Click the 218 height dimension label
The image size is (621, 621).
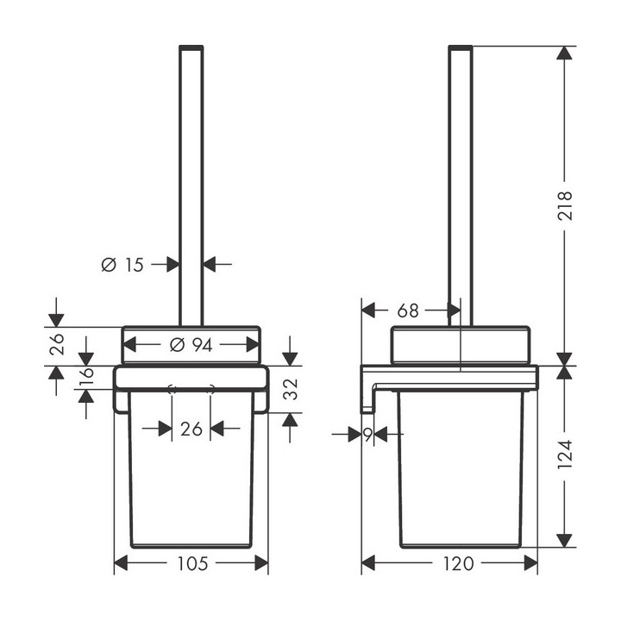point(565,205)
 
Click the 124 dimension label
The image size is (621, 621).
point(565,455)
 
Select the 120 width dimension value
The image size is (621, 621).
point(458,563)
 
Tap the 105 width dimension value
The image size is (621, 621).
point(192,563)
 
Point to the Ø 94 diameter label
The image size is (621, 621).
point(191,345)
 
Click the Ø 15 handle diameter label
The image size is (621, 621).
point(122,265)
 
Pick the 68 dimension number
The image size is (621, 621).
point(408,310)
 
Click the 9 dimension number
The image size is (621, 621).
point(368,435)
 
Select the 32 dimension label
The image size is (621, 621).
point(291,389)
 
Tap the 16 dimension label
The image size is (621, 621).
point(86,375)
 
